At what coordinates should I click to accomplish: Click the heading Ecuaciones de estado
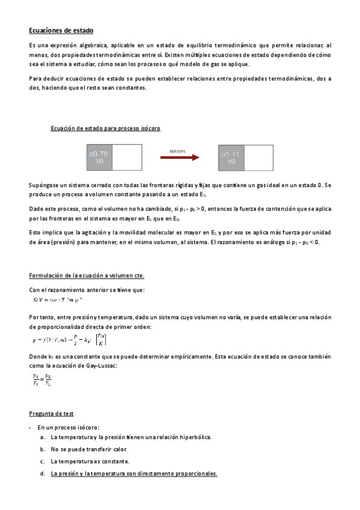[61, 30]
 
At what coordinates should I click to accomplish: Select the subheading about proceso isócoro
[106, 128]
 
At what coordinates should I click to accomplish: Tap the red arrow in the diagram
[179, 158]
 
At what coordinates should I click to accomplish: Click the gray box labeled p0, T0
[100, 158]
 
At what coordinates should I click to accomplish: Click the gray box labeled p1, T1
[231, 158]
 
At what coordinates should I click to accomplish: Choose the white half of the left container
[126, 158]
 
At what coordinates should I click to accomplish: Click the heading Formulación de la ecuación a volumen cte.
[87, 275]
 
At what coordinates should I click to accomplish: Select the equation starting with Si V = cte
[57, 298]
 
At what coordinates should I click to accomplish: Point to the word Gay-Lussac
[93, 365]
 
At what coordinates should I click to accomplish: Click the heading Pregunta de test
[51, 414]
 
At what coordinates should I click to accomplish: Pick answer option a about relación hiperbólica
[131, 437]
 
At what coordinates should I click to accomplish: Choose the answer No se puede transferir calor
[89, 449]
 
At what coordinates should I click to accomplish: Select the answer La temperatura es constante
[90, 461]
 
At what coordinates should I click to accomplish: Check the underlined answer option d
[133, 474]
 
